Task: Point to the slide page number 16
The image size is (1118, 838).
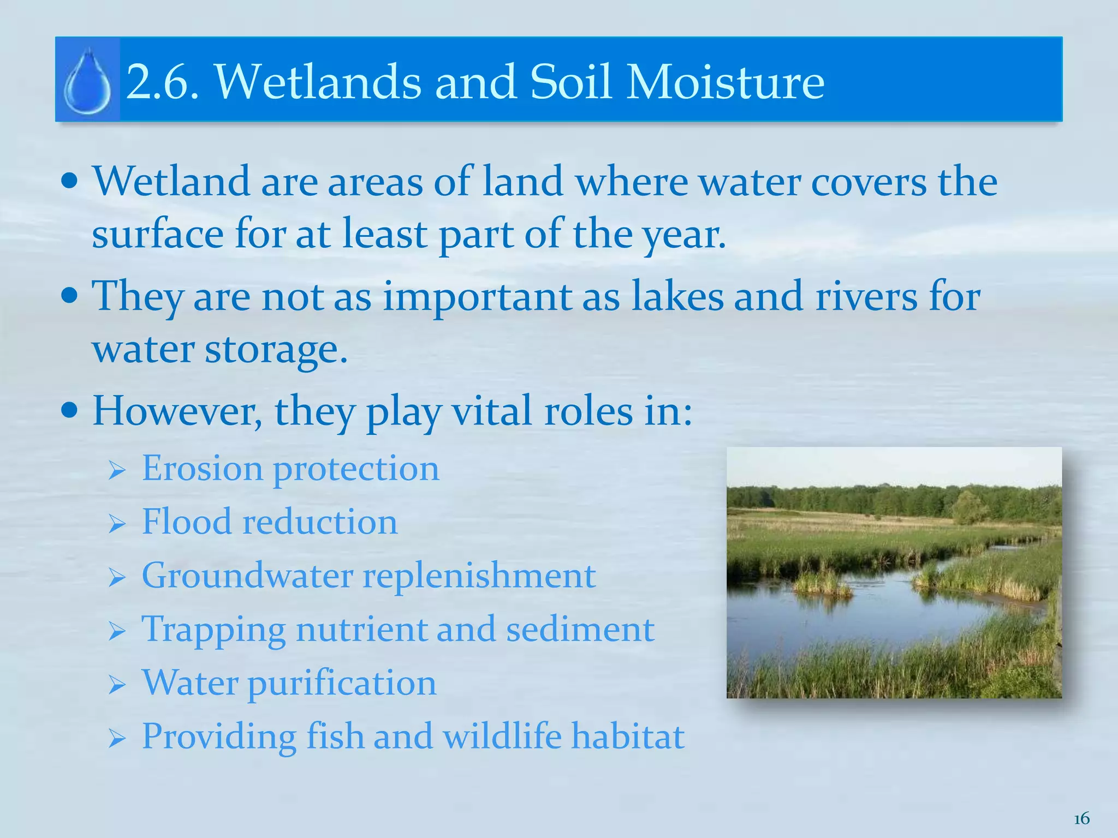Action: pyautogui.click(x=1081, y=818)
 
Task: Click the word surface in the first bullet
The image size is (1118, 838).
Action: pyautogui.click(x=158, y=234)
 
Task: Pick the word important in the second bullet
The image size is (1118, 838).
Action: pyautogui.click(x=477, y=297)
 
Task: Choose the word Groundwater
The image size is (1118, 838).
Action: pyautogui.click(x=247, y=576)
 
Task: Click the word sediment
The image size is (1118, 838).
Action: pyautogui.click(x=580, y=629)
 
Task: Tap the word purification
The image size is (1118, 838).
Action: pyautogui.click(x=342, y=684)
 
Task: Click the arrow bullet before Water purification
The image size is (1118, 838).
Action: pyautogui.click(x=117, y=685)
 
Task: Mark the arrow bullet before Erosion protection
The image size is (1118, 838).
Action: pyautogui.click(x=117, y=470)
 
